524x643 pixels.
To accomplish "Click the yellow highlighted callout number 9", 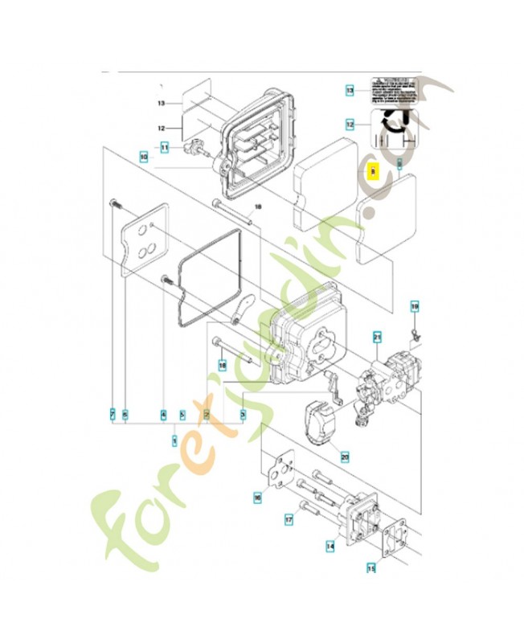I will pos(371,170).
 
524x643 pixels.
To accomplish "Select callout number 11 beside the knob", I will pos(164,147).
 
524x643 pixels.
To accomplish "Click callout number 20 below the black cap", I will pos(345,457).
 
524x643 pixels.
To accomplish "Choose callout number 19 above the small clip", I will pos(415,306).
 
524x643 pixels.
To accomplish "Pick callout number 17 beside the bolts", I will pos(289,520).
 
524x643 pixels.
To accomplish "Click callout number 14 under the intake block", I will pos(330,546).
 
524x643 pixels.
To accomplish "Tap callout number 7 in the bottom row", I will pos(113,414).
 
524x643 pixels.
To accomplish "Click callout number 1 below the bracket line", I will pos(175,440).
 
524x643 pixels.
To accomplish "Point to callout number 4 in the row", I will pos(163,414).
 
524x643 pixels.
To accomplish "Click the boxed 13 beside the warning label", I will pos(350,92).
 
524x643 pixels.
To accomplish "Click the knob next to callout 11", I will pos(194,149).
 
